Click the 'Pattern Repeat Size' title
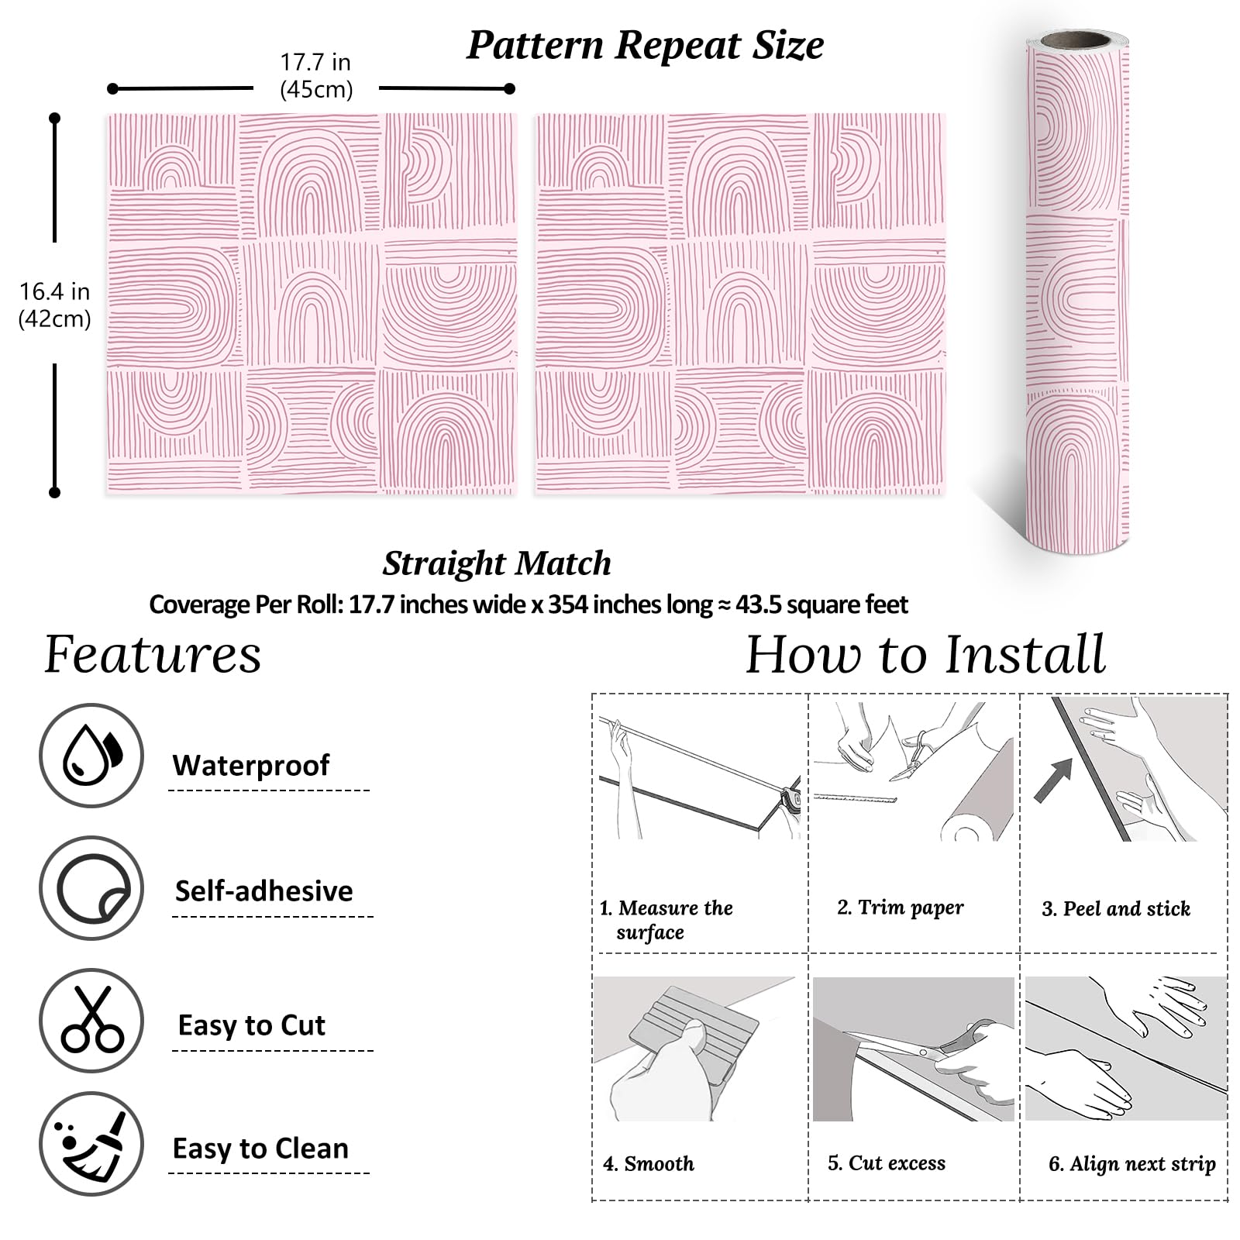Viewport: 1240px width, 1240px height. pos(645,45)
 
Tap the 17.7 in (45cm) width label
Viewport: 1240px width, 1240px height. pos(315,76)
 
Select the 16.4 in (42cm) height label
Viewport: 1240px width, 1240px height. pos(54,305)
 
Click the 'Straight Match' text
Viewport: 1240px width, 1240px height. pos(496,563)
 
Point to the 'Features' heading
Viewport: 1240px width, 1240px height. pos(153,655)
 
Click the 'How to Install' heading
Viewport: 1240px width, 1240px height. pos(925,655)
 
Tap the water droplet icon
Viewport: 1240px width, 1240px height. pos(91,756)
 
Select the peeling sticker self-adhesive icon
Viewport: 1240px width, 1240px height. pos(91,888)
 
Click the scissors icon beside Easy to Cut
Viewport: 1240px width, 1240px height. pos(91,1020)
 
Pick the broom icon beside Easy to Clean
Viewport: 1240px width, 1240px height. pos(91,1145)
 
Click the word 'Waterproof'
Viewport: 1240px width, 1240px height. pos(251,766)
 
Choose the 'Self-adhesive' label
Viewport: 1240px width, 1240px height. pos(263,891)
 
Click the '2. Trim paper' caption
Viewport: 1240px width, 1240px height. pos(901,908)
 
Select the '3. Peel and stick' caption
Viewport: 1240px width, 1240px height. pos(1116,908)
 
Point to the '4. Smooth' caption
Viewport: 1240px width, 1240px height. pos(649,1163)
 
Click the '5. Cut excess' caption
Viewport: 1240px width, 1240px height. pos(887,1162)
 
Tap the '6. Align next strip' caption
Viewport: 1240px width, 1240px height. pos(1132,1163)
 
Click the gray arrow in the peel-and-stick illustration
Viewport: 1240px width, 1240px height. pos(1054,779)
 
